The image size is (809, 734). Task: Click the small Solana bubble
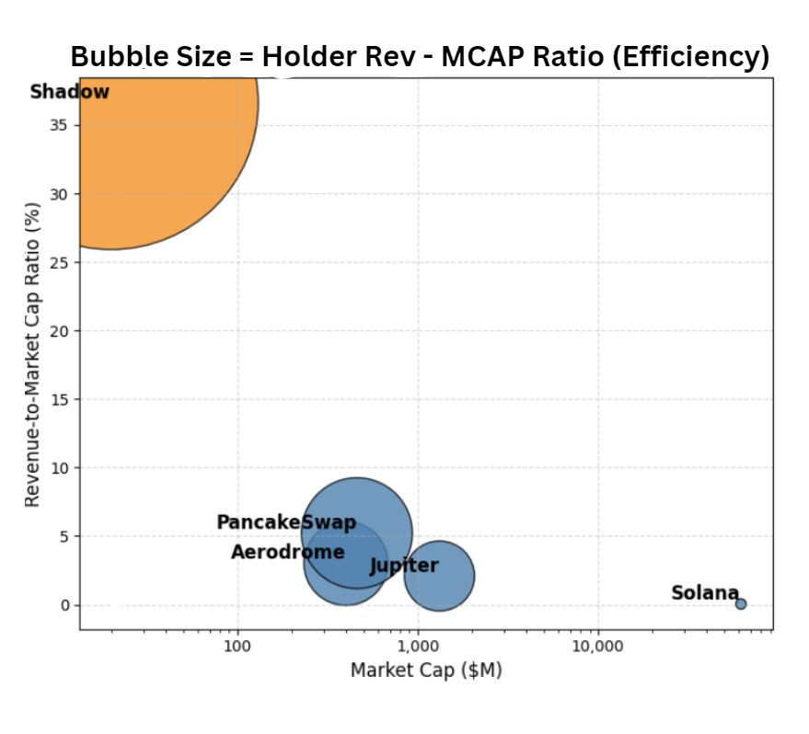pos(740,603)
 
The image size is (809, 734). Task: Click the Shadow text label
pos(70,92)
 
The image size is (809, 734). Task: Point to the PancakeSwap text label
pos(285,522)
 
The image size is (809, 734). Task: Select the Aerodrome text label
pos(287,552)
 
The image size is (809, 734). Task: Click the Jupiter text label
pos(404,566)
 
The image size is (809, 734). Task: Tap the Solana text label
pos(705,593)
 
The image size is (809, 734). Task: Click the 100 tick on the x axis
pos(237,647)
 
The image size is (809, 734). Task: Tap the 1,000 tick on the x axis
pos(418,647)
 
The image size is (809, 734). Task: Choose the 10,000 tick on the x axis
pos(598,647)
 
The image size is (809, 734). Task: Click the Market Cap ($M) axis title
pos(425,671)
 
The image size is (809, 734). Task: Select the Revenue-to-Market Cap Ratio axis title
pos(32,353)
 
